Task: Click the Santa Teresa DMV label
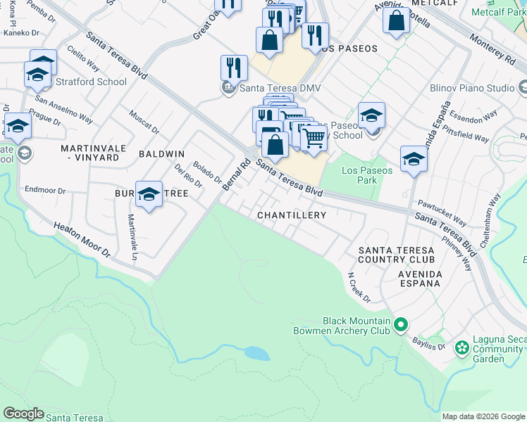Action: [x=272, y=88]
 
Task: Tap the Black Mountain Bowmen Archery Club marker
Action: [x=401, y=325]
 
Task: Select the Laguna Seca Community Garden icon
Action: [x=462, y=348]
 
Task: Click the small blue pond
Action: [x=256, y=354]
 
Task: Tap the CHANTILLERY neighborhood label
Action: [x=292, y=215]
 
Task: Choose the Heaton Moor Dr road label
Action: [x=82, y=239]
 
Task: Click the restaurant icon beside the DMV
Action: [x=234, y=68]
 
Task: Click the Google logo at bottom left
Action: [x=23, y=414]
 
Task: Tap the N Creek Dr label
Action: [x=359, y=288]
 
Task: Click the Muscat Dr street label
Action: [x=144, y=120]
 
